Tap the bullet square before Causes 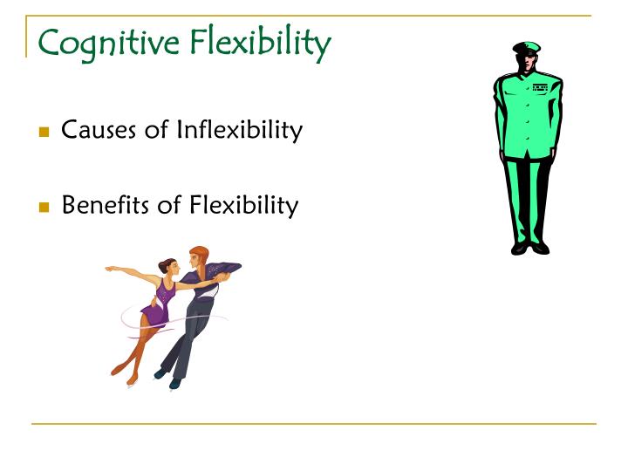click(x=44, y=133)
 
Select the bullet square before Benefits click(x=44, y=208)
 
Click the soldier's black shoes click(x=530, y=248)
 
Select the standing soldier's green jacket click(x=528, y=113)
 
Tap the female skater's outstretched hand click(x=110, y=269)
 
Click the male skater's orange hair click(x=201, y=253)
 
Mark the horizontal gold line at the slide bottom click(x=314, y=424)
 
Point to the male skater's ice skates click(x=166, y=378)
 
